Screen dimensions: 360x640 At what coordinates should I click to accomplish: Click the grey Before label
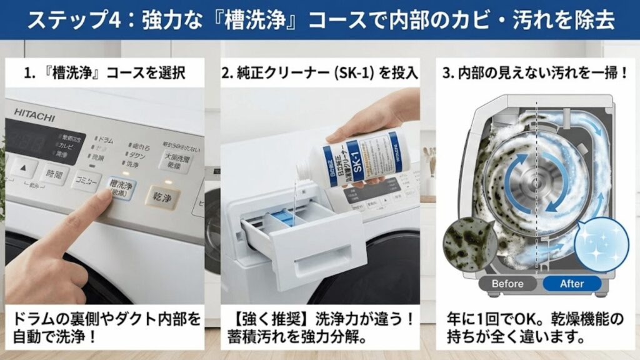pos(507,284)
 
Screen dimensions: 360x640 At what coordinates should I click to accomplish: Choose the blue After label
pos(571,284)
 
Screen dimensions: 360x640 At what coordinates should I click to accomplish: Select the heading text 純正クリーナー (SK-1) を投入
pos(319,73)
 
